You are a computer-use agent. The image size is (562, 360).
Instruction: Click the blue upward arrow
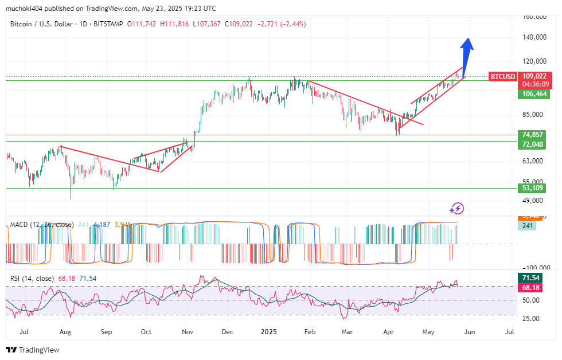point(467,52)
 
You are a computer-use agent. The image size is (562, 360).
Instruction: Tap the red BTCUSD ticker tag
point(503,76)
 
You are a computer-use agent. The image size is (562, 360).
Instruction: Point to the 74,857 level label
point(533,135)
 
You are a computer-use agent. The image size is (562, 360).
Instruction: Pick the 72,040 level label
point(533,144)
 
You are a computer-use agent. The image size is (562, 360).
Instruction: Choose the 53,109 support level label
point(533,188)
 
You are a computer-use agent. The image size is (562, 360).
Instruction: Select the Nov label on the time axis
point(188,332)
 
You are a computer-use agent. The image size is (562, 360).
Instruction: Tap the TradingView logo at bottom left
point(33,350)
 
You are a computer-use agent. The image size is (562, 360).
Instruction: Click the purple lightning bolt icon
point(457,208)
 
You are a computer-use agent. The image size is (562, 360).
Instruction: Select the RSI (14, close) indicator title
point(32,279)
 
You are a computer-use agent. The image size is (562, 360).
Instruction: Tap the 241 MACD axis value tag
point(527,226)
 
